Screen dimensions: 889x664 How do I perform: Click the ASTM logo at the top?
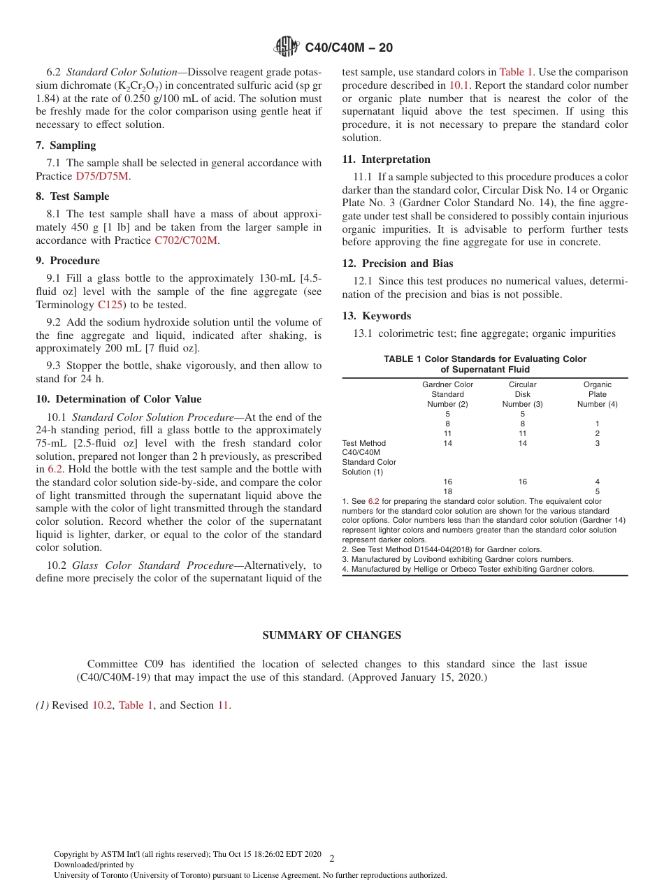(286, 47)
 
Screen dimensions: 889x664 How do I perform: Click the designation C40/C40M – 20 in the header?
(349, 48)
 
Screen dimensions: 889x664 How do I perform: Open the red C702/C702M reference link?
(186, 240)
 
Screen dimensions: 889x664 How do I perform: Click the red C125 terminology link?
(110, 305)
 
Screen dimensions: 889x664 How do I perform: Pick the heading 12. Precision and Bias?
(397, 263)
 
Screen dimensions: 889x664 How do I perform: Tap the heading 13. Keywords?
(376, 316)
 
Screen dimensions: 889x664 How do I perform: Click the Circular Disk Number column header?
(522, 394)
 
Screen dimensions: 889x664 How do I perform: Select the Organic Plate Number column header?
(597, 394)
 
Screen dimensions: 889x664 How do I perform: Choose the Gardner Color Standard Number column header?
(447, 394)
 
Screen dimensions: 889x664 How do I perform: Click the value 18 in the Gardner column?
(448, 491)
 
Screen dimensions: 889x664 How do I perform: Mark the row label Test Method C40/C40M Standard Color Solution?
(369, 458)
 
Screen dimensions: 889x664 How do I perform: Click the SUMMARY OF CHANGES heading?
(331, 635)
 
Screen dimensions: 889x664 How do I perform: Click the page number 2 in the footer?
(331, 859)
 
